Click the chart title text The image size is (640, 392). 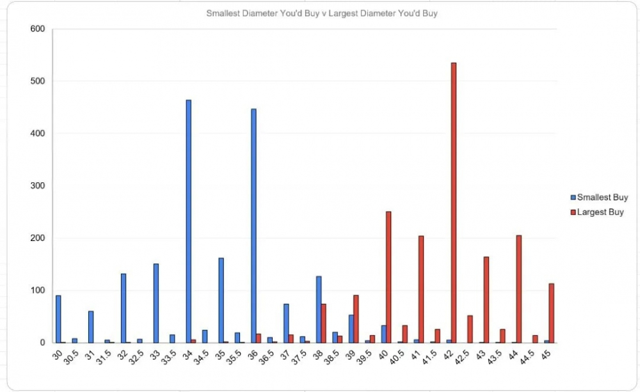click(321, 13)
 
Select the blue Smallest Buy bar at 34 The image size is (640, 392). click(188, 221)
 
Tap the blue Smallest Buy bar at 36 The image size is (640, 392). click(253, 226)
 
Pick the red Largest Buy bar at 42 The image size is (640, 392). click(454, 203)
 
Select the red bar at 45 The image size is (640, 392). click(552, 313)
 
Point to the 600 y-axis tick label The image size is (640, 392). click(38, 29)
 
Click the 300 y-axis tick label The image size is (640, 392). click(38, 186)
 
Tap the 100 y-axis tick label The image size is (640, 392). click(38, 290)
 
